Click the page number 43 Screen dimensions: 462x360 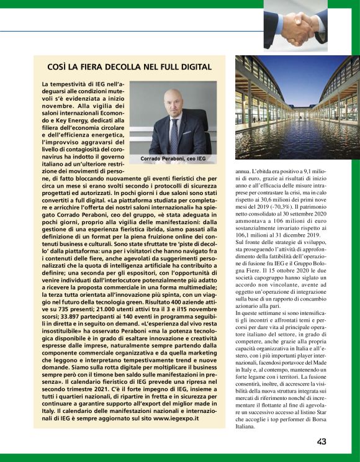click(322, 442)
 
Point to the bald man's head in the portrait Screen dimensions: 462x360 click(173, 99)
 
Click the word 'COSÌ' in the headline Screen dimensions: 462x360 click(58, 66)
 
